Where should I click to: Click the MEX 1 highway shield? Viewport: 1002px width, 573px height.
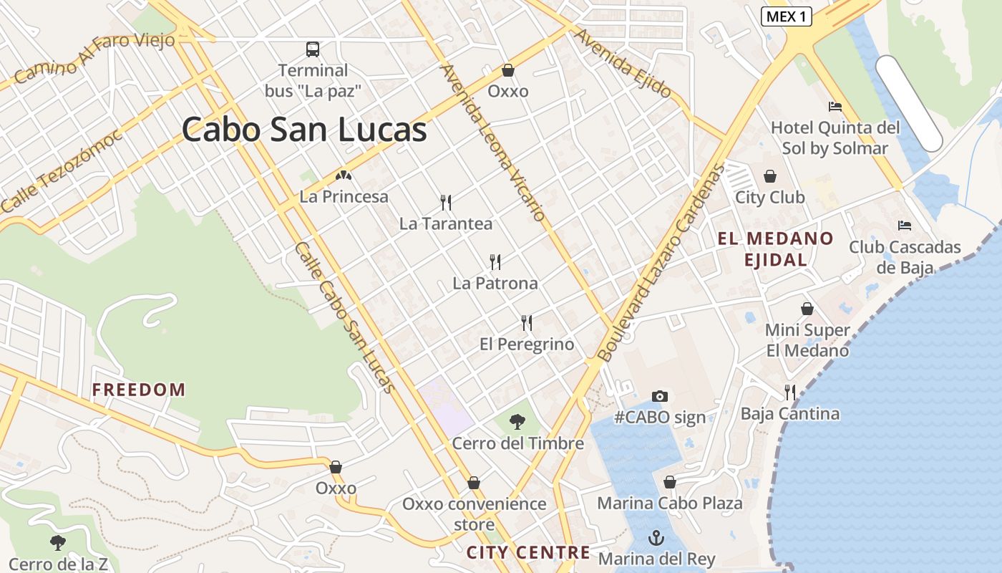[785, 16]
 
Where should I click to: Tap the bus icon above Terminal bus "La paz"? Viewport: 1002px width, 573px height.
[313, 49]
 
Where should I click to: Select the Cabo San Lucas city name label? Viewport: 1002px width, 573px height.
[304, 130]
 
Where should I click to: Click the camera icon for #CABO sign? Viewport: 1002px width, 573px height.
[659, 396]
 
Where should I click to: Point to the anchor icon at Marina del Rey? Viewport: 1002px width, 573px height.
[656, 537]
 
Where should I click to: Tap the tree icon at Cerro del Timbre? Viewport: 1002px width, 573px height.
[517, 422]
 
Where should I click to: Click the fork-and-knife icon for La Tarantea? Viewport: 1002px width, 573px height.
[446, 203]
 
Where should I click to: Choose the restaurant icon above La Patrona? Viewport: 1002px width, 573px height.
[495, 261]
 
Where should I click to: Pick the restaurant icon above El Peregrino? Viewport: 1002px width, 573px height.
[527, 323]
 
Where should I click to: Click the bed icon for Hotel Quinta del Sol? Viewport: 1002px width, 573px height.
[835, 107]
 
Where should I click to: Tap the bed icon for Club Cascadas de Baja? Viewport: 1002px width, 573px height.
[905, 226]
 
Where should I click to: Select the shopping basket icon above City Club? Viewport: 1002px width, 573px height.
[770, 176]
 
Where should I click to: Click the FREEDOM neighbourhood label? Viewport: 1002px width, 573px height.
[139, 390]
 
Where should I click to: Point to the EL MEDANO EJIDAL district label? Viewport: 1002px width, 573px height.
[776, 249]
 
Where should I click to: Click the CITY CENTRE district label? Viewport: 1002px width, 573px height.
[528, 552]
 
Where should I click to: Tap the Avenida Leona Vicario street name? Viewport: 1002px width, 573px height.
[493, 143]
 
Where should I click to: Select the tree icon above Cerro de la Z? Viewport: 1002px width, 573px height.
[58, 543]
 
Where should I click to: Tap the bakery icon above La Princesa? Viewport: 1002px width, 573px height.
[344, 175]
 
